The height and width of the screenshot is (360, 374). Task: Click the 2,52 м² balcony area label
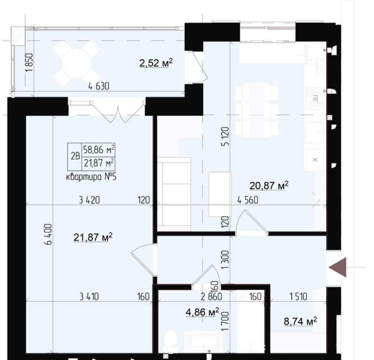tap(156, 63)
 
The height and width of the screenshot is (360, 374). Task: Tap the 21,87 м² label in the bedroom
tap(93, 237)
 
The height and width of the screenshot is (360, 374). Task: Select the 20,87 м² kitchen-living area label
tap(269, 186)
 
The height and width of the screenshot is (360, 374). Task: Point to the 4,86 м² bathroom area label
tap(202, 312)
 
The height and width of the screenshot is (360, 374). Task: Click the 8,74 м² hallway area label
tap(300, 321)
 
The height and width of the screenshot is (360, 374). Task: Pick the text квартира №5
tap(91, 177)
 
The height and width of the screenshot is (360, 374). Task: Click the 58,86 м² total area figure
tap(98, 150)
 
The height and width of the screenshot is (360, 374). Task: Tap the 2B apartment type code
tap(75, 156)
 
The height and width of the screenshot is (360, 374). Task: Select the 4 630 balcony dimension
tap(99, 86)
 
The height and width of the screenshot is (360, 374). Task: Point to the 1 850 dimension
tap(29, 62)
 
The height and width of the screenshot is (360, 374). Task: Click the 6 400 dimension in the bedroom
tap(48, 234)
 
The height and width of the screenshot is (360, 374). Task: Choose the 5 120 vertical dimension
tap(225, 136)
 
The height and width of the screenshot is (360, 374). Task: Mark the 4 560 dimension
tap(248, 200)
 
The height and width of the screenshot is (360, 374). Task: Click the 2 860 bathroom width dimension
tap(211, 297)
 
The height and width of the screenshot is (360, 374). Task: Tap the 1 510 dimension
tap(298, 297)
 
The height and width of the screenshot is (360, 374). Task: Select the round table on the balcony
tap(76, 64)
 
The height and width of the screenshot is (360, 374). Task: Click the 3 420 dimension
tap(89, 200)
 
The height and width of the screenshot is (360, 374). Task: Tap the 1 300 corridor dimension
tap(225, 260)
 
